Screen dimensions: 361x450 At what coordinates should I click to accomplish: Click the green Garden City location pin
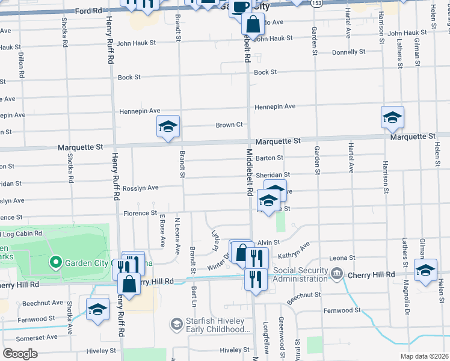coord(55,262)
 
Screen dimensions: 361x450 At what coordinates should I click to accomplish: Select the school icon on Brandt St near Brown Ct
coord(168,127)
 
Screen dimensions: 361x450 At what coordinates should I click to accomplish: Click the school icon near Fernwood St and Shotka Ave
coord(97,309)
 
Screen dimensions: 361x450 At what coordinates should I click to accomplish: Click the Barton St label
coord(269,158)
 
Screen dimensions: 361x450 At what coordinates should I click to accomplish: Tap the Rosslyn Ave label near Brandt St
coord(140,188)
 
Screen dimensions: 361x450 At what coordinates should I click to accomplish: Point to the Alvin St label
coord(269,242)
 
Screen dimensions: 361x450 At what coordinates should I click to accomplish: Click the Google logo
coord(20,353)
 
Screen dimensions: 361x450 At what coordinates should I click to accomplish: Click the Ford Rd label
coord(89,11)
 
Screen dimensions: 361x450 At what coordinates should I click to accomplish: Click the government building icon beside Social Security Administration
coord(336,274)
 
